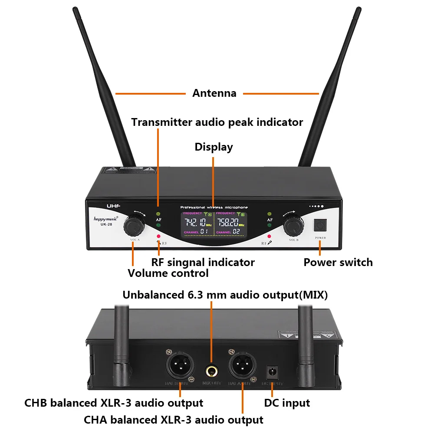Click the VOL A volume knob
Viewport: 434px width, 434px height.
134,225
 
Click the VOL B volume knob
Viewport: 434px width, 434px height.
293,225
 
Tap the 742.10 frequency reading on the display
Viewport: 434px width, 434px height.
195,223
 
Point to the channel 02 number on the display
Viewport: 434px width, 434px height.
237,232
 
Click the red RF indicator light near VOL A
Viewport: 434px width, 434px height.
159,237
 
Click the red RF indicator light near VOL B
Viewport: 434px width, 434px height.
270,237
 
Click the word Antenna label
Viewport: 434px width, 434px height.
214,93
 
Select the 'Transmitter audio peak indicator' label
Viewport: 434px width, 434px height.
217,122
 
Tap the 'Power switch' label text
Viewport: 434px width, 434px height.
338,262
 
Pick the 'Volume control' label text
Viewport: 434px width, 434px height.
168,273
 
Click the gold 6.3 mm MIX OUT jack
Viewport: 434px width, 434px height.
212,371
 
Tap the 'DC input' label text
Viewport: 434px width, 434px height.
287,403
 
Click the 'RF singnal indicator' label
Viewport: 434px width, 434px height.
203,262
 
